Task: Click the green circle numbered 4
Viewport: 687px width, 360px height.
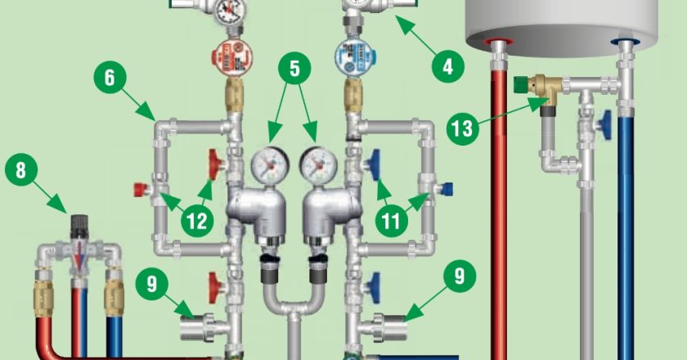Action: pyautogui.click(x=447, y=67)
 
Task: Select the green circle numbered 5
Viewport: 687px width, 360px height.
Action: pyautogui.click(x=294, y=69)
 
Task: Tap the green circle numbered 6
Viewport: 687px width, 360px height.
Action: pyautogui.click(x=110, y=77)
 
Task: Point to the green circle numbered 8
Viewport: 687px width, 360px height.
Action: pyautogui.click(x=21, y=169)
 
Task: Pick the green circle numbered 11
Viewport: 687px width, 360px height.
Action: pyautogui.click(x=391, y=221)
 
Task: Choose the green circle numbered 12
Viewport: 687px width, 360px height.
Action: pyautogui.click(x=197, y=221)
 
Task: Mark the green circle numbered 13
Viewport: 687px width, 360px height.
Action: pyautogui.click(x=463, y=129)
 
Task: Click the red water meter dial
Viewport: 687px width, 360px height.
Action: pyautogui.click(x=231, y=57)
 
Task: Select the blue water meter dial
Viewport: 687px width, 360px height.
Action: pyautogui.click(x=355, y=57)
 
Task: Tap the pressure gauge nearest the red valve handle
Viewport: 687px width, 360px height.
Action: pyautogui.click(x=269, y=166)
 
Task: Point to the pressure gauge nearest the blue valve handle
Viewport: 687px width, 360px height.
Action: pyautogui.click(x=319, y=166)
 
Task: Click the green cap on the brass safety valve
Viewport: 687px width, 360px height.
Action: pyautogui.click(x=521, y=84)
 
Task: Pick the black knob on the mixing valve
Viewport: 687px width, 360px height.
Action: pyautogui.click(x=79, y=224)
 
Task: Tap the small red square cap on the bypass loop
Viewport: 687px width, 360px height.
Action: pyautogui.click(x=140, y=190)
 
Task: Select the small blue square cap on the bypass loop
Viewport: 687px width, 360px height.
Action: pyautogui.click(x=447, y=190)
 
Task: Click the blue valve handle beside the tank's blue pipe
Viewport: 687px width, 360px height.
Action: pyautogui.click(x=606, y=125)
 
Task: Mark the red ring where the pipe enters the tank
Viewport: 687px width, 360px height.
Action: pyautogui.click(x=499, y=42)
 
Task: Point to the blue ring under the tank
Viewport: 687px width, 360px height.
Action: pyautogui.click(x=625, y=42)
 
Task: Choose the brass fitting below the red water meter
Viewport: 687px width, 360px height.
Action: pyautogui.click(x=235, y=96)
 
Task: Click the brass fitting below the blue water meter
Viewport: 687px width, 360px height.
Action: pyautogui.click(x=352, y=96)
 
